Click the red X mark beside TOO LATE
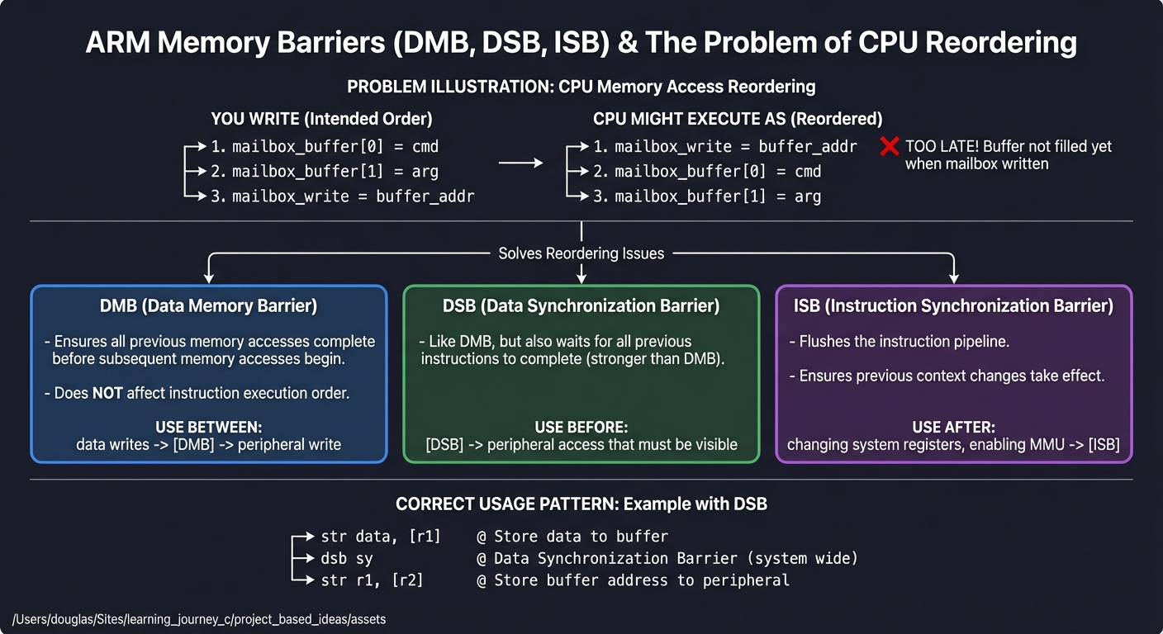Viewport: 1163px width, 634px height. [889, 147]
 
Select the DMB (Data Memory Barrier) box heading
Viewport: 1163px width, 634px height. [208, 305]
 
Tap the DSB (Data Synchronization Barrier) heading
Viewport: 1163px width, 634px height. [581, 305]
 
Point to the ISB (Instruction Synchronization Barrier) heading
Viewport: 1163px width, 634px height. [953, 305]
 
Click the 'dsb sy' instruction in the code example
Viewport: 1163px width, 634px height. [346, 559]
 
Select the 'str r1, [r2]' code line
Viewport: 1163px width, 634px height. [372, 580]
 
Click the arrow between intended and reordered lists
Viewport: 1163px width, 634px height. [520, 163]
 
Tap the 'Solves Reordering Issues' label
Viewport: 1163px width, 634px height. [581, 253]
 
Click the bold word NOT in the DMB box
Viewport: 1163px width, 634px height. [107, 394]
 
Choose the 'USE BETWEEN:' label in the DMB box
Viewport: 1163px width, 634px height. [208, 428]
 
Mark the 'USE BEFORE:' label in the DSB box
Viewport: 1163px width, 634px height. [581, 428]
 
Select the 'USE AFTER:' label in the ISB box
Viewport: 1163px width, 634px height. [953, 428]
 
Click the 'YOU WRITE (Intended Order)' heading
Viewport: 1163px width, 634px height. [321, 119]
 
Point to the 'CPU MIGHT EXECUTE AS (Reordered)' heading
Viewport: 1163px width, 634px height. [737, 119]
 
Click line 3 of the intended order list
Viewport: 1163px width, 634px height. [342, 196]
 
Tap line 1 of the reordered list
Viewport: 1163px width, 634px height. [725, 147]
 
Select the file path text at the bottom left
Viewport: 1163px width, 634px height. [199, 618]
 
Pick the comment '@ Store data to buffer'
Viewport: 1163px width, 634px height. [572, 537]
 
